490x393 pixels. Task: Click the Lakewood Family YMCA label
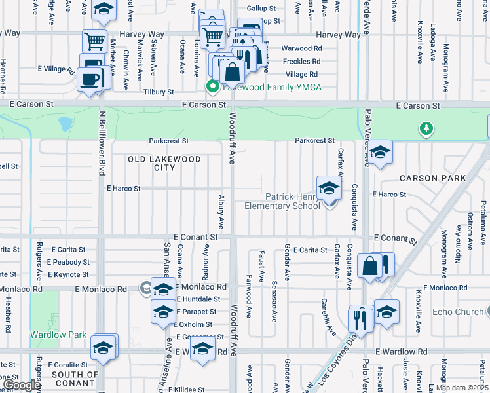pos(272,87)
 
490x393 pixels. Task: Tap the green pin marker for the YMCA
pos(212,86)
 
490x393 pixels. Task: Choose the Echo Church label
pos(458,312)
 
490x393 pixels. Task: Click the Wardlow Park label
pos(58,335)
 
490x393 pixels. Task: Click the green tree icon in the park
pos(426,128)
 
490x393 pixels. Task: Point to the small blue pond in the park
pos(66,124)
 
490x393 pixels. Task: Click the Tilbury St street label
pos(159,93)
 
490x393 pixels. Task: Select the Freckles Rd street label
pos(301,62)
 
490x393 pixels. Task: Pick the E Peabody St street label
pos(68,262)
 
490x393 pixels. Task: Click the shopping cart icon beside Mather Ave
pos(94,41)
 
